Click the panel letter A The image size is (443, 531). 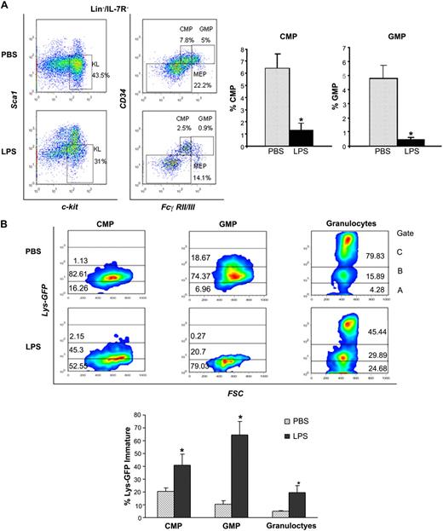(x=7, y=7)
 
